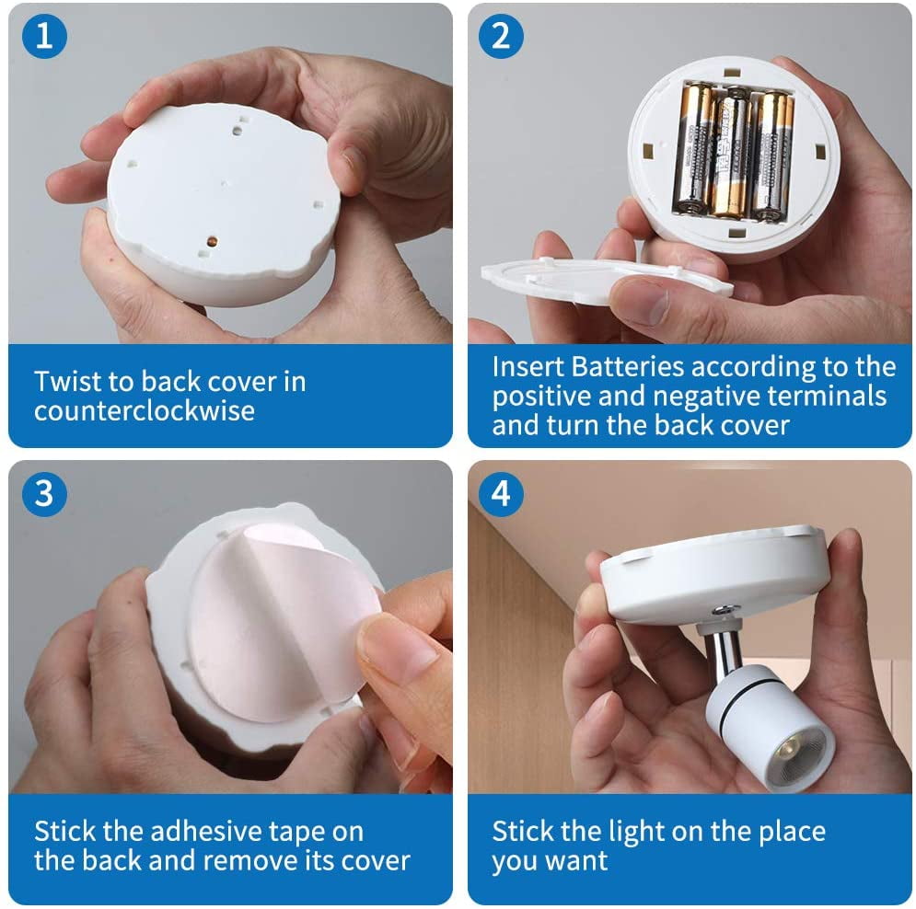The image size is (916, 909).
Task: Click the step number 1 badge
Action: pos(44,36)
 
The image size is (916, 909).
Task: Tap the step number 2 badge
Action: pos(501,36)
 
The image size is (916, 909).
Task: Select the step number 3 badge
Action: pos(44,494)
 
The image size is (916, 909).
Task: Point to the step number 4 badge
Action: pos(501,494)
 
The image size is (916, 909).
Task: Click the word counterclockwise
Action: pos(145,410)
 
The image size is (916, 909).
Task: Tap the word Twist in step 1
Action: pos(66,381)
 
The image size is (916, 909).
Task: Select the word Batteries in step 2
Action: pos(628,366)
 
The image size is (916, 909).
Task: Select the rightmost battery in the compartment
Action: pos(771,155)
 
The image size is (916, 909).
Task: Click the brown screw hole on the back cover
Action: pos(212,241)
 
